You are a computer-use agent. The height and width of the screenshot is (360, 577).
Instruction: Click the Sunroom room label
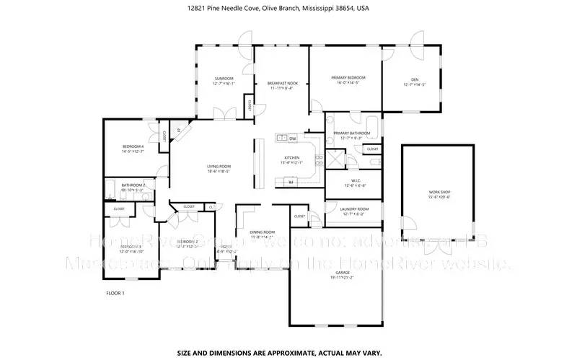pos(224,78)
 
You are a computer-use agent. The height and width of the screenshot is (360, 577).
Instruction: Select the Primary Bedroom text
pos(348,77)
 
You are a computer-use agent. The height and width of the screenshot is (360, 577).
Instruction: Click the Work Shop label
pos(439,192)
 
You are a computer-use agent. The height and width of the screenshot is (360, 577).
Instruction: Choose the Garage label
pos(335,273)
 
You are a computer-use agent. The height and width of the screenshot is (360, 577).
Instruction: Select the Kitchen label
pos(291,157)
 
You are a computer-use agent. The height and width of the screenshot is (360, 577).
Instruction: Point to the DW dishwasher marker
pos(293,138)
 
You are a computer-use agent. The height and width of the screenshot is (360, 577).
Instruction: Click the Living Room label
pos(219,166)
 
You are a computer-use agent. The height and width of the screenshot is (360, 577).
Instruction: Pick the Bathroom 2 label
pos(133,185)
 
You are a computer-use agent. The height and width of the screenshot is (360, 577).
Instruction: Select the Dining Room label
pos(263,232)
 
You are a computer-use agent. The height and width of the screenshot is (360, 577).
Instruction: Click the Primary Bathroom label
pos(351,133)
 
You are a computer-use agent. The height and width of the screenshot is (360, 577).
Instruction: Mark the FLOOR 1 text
pos(115,293)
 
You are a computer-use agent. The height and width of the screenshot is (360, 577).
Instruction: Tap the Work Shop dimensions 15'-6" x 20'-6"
pos(439,197)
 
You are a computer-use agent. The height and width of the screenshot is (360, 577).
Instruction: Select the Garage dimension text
pos(335,278)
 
